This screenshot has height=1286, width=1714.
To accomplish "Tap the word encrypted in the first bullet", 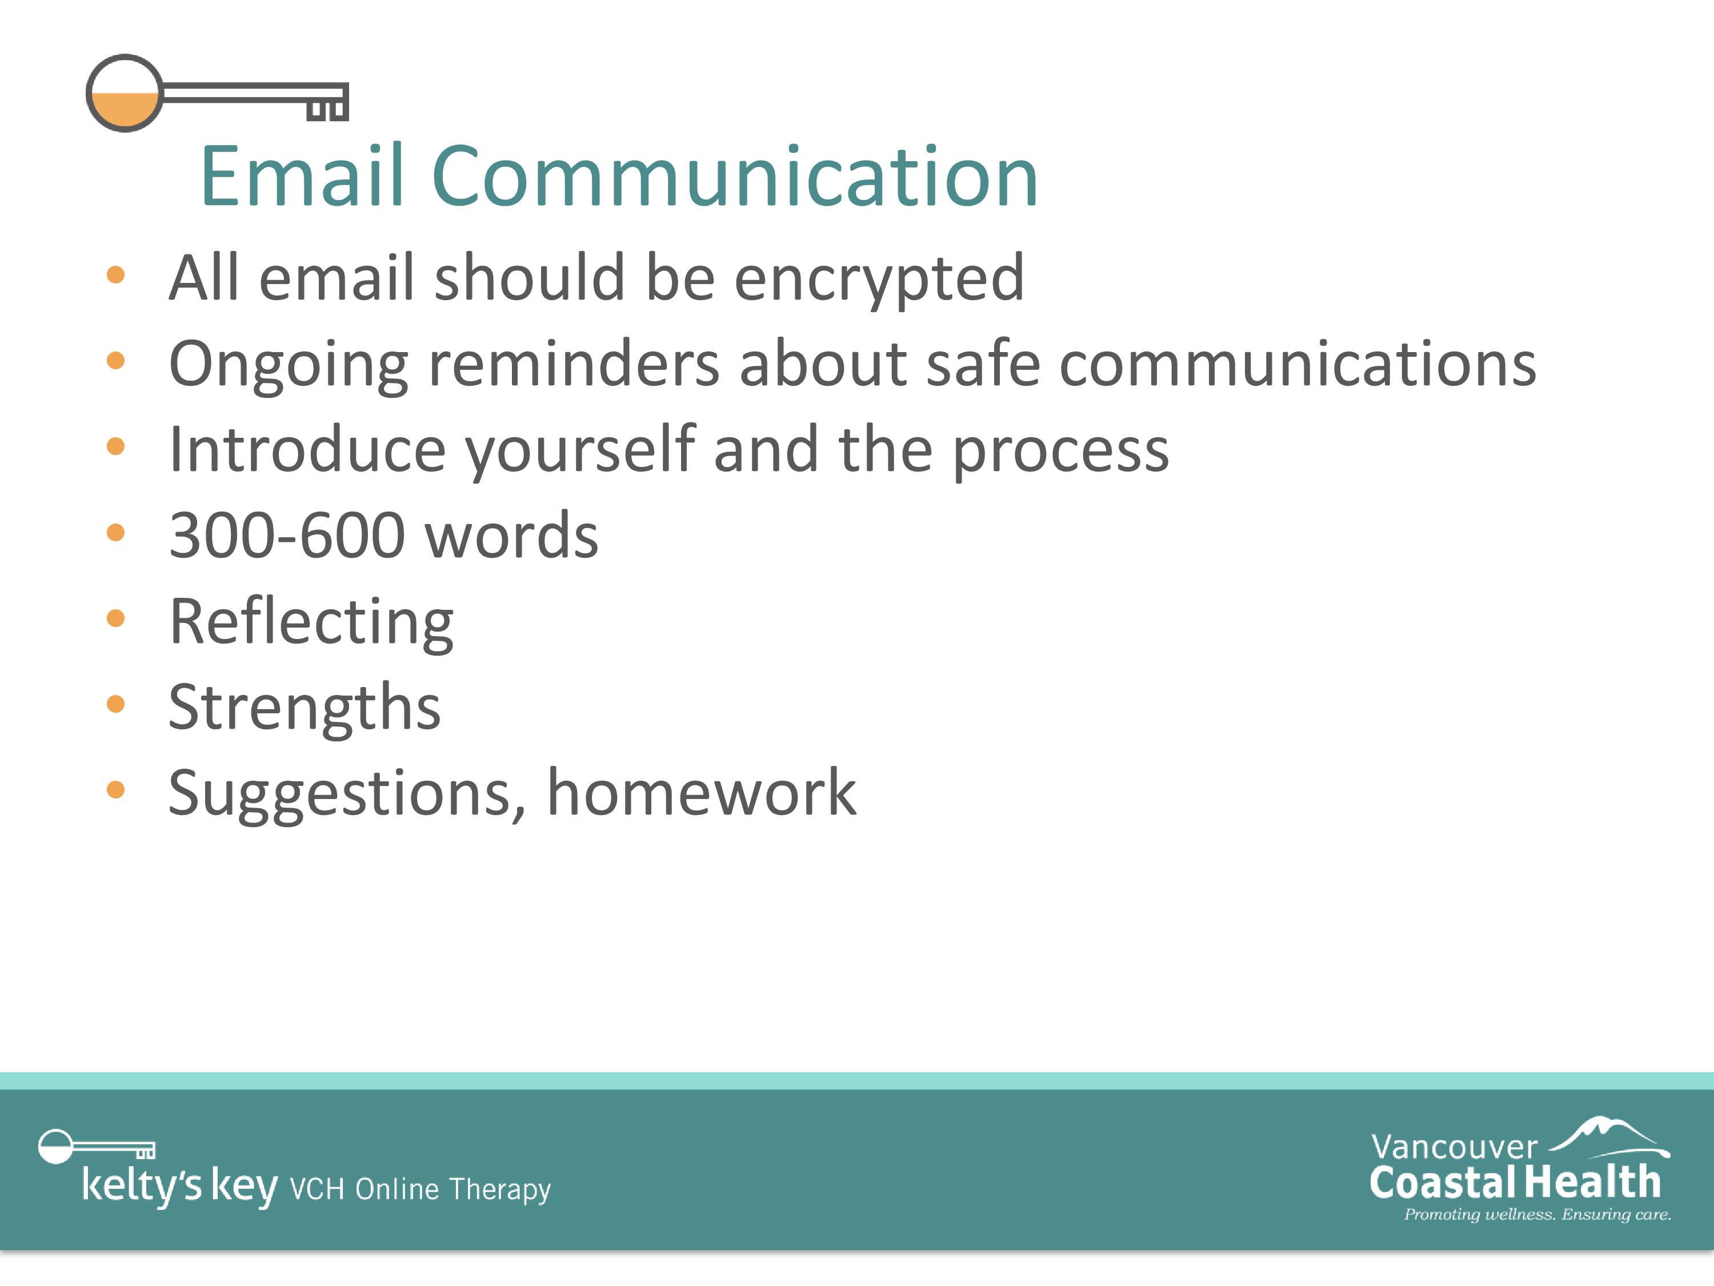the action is click(x=879, y=279).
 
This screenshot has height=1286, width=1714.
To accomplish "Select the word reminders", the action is click(x=574, y=364).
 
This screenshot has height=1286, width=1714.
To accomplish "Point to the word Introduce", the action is click(x=307, y=450).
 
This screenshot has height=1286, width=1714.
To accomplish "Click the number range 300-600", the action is click(x=287, y=535).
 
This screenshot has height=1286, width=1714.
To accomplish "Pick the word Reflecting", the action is click(x=311, y=622).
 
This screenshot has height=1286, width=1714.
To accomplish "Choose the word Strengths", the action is click(x=305, y=708).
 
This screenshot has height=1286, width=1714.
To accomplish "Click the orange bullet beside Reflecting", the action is click(x=115, y=618).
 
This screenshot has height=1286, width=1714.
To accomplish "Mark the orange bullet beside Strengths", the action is click(x=115, y=704).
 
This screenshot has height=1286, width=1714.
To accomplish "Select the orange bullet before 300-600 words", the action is click(x=115, y=532).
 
